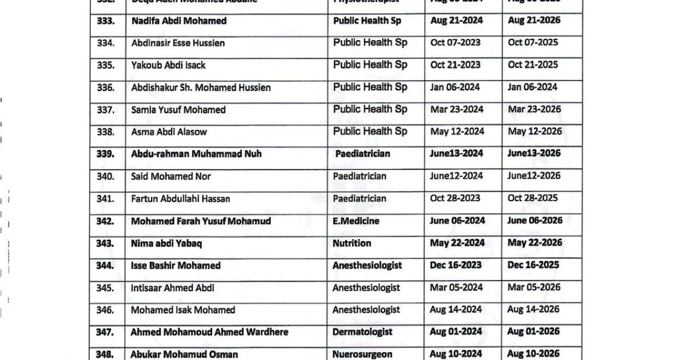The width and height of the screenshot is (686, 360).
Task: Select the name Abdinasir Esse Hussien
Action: click(178, 43)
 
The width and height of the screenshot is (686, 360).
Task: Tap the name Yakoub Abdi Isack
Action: click(168, 65)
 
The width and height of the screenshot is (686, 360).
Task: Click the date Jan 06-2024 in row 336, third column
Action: click(455, 87)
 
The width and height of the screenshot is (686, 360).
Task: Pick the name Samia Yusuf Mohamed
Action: click(178, 110)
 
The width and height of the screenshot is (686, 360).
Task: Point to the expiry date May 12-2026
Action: click(535, 131)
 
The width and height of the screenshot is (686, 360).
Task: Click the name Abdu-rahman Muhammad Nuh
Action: click(197, 154)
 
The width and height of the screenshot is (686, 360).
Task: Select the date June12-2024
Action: click(456, 176)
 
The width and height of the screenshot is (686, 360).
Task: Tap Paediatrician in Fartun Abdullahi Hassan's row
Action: click(360, 199)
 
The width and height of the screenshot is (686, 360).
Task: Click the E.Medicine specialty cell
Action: click(356, 221)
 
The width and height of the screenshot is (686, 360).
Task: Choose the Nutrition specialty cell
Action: click(352, 243)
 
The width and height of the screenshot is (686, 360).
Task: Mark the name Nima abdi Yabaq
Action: click(166, 243)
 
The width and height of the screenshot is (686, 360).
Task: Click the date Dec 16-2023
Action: click(456, 265)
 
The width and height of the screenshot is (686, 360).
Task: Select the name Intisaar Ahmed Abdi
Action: click(173, 288)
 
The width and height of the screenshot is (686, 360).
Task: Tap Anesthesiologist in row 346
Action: click(366, 310)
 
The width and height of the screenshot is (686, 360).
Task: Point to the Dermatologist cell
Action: click(362, 332)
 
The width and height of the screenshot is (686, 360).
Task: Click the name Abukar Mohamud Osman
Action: click(184, 354)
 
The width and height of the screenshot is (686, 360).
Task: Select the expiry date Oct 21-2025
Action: click(533, 65)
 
